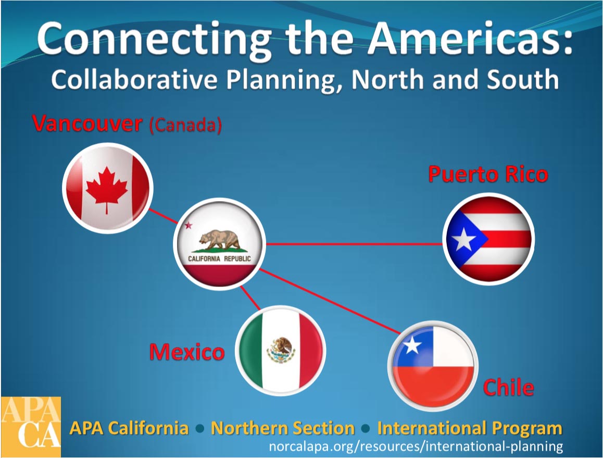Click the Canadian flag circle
pyautogui.click(x=108, y=188)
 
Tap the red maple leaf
pyautogui.click(x=107, y=189)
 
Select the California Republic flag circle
pyautogui.click(x=220, y=244)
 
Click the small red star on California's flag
pyautogui.click(x=188, y=225)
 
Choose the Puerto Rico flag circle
pyautogui.click(x=488, y=239)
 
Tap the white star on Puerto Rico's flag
pyautogui.click(x=463, y=239)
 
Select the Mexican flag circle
pyautogui.click(x=281, y=350)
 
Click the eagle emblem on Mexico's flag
pyautogui.click(x=281, y=350)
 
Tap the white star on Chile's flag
pyautogui.click(x=412, y=345)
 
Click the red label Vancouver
pyautogui.click(x=87, y=123)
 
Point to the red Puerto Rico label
pyautogui.click(x=488, y=174)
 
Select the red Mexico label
pyautogui.click(x=187, y=352)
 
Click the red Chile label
pyautogui.click(x=508, y=387)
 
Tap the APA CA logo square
pyautogui.click(x=31, y=427)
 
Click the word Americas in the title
pyautogui.click(x=470, y=39)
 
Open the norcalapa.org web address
pyautogui.click(x=416, y=447)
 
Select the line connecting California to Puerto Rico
pyautogui.click(x=354, y=244)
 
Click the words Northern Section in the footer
pyautogui.click(x=283, y=428)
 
